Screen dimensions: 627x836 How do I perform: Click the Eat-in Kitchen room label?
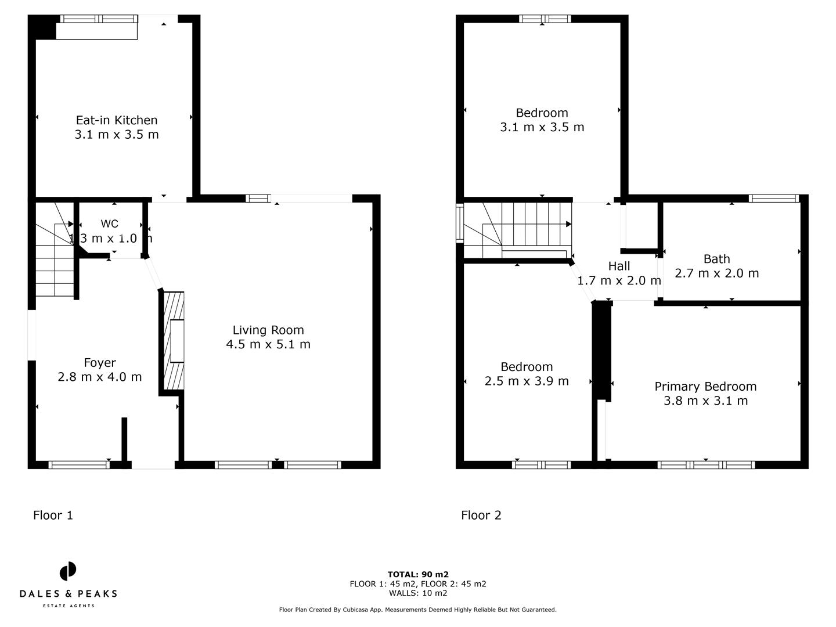point(117,120)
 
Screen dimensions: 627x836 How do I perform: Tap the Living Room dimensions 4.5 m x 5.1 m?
point(268,344)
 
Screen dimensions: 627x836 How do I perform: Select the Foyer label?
point(100,363)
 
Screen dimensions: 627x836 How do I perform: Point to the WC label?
point(110,224)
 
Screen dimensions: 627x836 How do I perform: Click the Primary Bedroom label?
point(705,387)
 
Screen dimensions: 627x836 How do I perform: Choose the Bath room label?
point(716,259)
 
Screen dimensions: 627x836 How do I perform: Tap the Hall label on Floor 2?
point(619,266)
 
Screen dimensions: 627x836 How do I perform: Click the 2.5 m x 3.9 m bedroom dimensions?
point(527,381)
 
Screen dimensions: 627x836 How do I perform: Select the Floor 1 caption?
point(53,515)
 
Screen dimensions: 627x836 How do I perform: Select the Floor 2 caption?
point(481,515)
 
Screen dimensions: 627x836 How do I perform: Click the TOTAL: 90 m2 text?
point(418,575)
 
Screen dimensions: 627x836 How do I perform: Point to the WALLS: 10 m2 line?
point(418,593)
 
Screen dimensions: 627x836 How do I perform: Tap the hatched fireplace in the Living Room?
point(174,341)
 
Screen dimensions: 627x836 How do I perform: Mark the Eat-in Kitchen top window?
point(99,19)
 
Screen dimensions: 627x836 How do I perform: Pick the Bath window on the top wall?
point(774,199)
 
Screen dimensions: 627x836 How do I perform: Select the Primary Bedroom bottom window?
point(706,464)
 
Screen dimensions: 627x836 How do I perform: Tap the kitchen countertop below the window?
point(96,31)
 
